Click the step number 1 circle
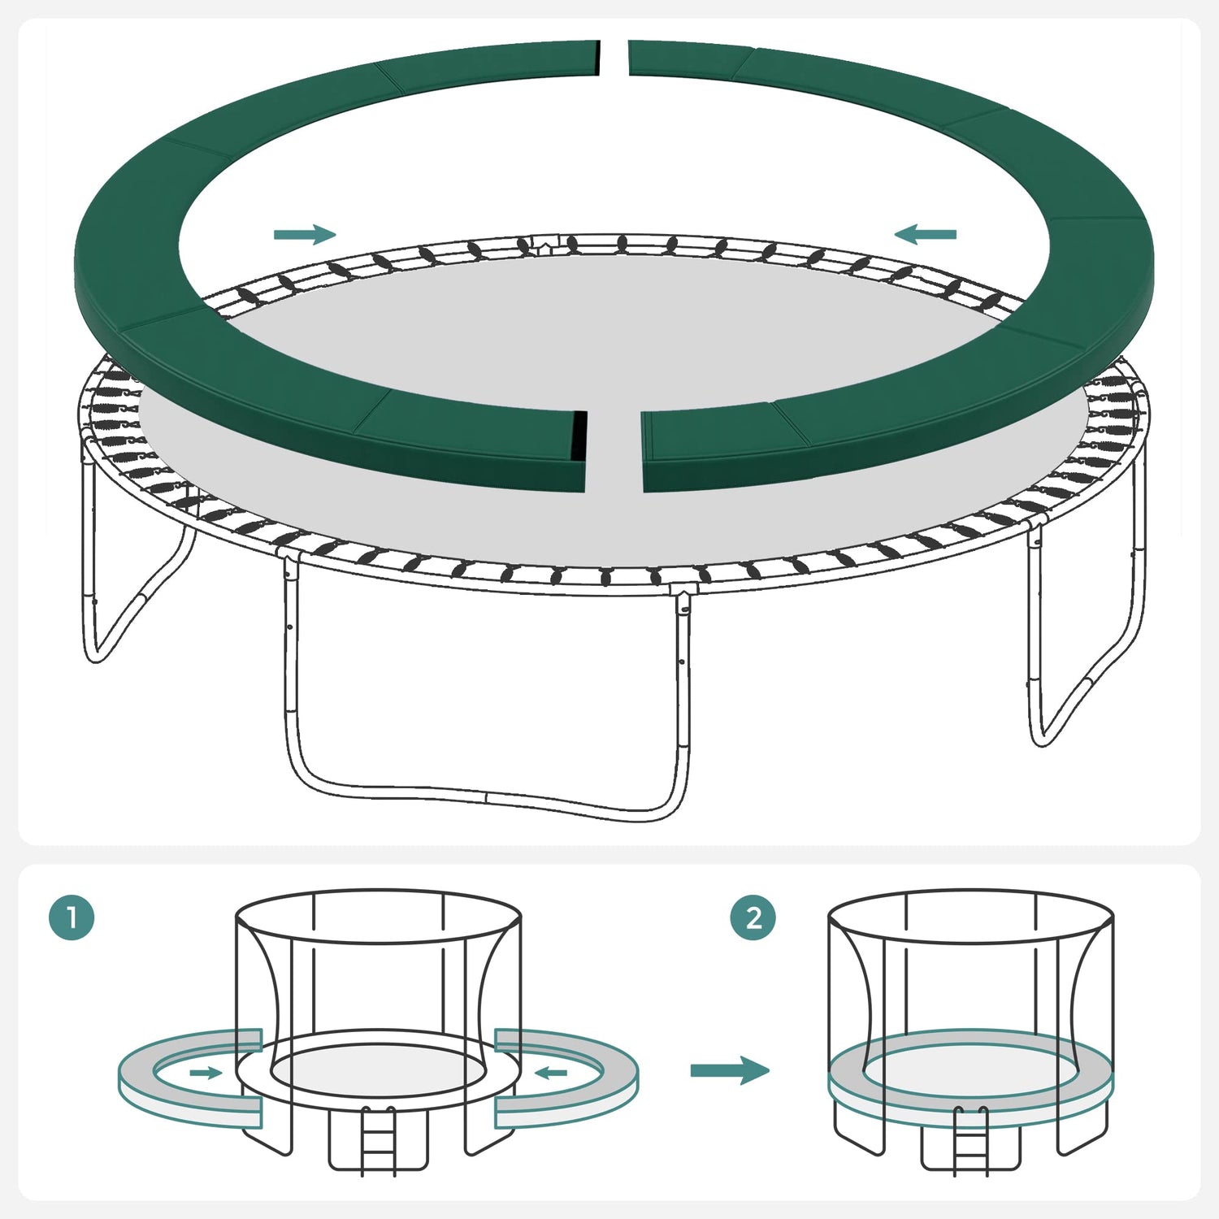pyautogui.click(x=72, y=918)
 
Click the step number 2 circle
pyautogui.click(x=753, y=918)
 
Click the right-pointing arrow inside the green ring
pyautogui.click(x=305, y=235)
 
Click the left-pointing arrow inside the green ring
pyautogui.click(x=925, y=235)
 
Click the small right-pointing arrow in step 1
pyautogui.click(x=206, y=1073)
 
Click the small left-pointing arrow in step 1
pyautogui.click(x=551, y=1073)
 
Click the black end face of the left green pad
pyautogui.click(x=579, y=435)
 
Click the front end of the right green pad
pyautogui.click(x=646, y=452)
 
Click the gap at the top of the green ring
pyautogui.click(x=614, y=58)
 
